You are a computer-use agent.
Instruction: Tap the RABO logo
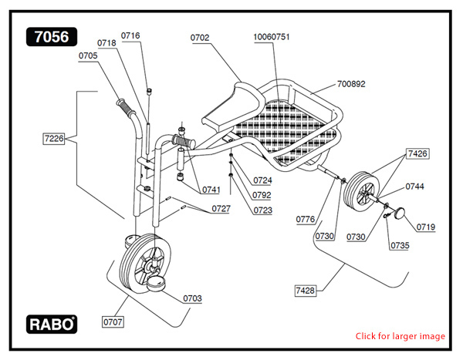52,325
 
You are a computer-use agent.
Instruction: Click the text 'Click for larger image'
400,336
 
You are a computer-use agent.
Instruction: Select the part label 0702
200,37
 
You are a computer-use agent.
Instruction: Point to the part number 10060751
272,37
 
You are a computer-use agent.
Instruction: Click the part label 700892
352,83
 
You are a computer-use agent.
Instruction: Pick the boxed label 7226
54,139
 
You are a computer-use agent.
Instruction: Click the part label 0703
192,298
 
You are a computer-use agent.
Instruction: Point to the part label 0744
414,187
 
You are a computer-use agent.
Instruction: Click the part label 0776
306,220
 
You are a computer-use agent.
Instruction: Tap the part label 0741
211,190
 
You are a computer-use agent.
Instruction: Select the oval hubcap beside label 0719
400,212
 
